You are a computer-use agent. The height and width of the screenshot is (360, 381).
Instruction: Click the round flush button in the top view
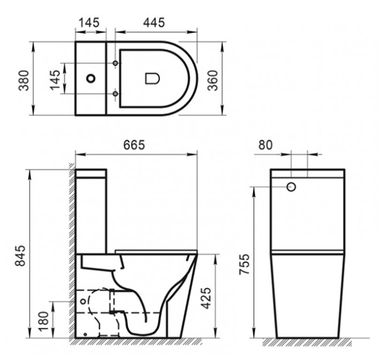coord(91,79)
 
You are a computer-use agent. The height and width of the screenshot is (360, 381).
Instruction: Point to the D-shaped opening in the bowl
coord(152,79)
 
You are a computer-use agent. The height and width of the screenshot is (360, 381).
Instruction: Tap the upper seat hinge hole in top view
coord(115,63)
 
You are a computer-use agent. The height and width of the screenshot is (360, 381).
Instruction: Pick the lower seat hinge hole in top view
coord(115,95)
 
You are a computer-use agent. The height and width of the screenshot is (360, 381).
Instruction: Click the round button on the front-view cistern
coord(292,187)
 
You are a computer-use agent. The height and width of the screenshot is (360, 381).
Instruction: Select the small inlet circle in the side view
coord(83,299)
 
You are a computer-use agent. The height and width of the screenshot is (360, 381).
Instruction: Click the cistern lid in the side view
coord(91,173)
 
